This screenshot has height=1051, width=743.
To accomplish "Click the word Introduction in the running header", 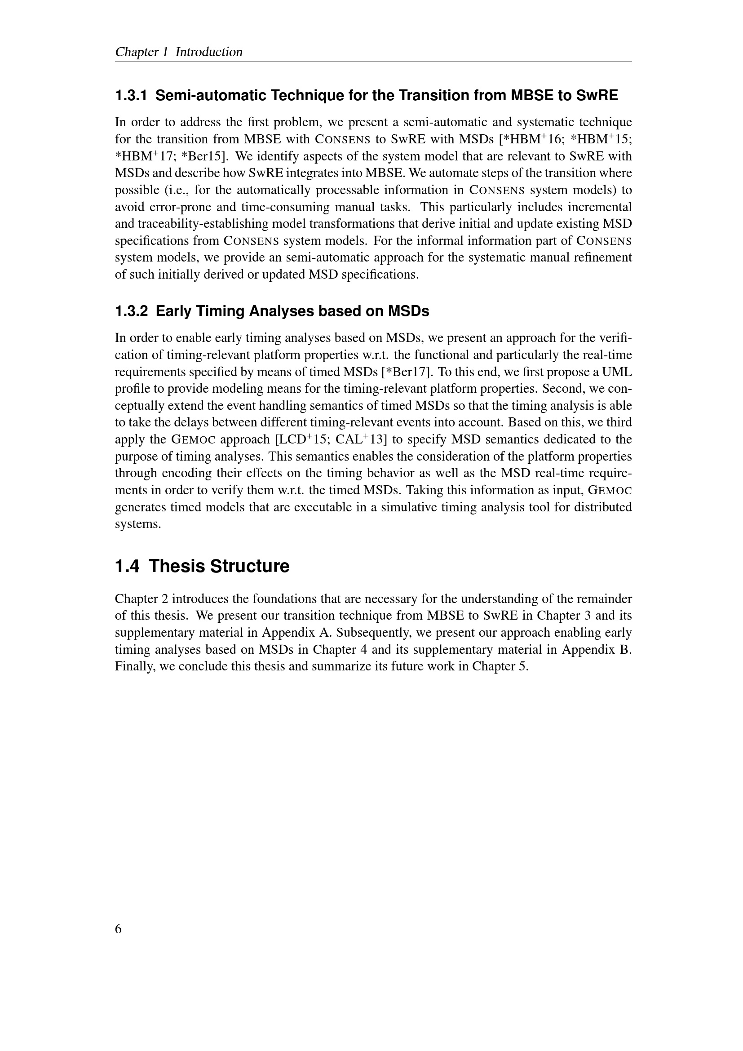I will coord(208,52).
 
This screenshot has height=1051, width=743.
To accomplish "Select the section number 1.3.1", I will coord(131,96).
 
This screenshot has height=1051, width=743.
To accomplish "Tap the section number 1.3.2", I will coord(131,311).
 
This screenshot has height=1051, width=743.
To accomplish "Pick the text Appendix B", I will coord(596,650).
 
